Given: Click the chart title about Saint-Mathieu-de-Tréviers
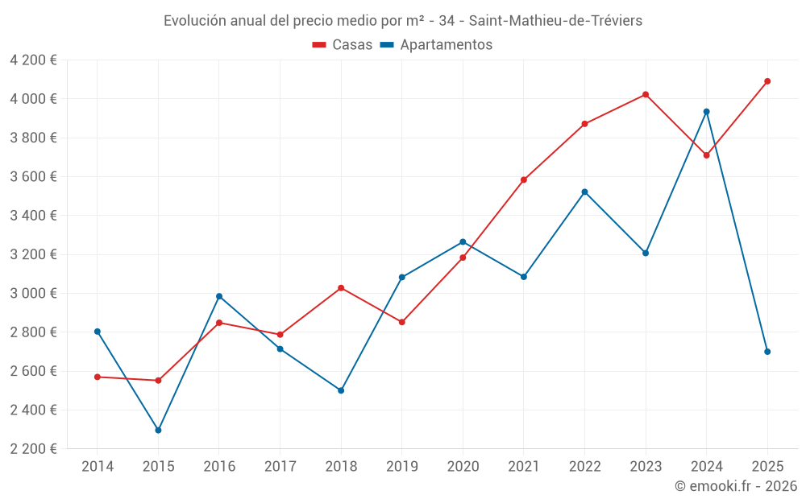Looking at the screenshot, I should coord(403,21).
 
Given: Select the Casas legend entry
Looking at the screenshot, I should coord(343,45).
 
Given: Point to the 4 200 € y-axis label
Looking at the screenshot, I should coord(33,60).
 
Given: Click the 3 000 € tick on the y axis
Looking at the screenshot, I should coord(33,293).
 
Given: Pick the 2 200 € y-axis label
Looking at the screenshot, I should coord(33,448).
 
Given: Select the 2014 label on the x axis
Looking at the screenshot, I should coord(98,466).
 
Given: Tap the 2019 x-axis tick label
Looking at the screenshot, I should coord(402,466).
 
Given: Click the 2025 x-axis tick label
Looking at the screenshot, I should coord(767,466).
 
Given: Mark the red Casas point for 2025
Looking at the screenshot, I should coord(767,81).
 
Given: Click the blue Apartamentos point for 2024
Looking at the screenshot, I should coord(707,112).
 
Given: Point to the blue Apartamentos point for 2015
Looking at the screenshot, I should coord(158,431).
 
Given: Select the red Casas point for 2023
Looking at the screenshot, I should coord(646,94).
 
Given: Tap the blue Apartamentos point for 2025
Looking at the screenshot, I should coord(767,352).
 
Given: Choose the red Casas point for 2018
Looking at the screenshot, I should coord(341,288).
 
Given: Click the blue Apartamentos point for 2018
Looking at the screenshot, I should coord(341,390).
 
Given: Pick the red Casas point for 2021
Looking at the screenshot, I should coord(524,179).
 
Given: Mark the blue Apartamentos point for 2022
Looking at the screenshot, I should coord(584,192).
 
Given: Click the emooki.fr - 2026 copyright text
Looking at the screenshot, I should coord(736,486).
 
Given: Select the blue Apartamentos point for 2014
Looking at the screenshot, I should coord(98,332).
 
